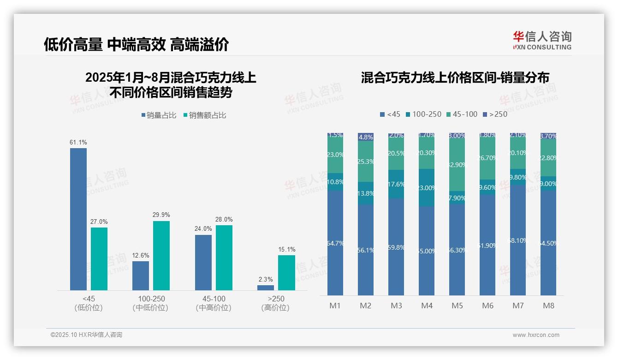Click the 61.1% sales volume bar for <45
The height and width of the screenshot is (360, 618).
[78, 219]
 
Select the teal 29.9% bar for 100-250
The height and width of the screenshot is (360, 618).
[161, 255]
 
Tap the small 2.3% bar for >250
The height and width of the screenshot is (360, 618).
[266, 288]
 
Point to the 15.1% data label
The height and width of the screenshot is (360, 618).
[287, 249]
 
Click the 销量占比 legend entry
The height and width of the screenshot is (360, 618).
[158, 115]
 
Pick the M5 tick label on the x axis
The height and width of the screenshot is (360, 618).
[457, 306]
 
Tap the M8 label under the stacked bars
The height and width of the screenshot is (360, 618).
[548, 306]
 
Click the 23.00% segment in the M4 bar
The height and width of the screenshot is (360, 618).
[427, 187]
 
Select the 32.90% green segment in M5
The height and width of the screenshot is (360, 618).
[457, 164]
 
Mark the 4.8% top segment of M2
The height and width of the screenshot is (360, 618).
[366, 137]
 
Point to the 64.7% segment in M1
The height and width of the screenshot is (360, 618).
[335, 243]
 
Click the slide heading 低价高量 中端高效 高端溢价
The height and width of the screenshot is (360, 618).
[136, 45]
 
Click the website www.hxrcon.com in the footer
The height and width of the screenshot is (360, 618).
[536, 335]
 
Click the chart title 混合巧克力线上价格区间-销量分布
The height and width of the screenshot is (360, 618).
[455, 78]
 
